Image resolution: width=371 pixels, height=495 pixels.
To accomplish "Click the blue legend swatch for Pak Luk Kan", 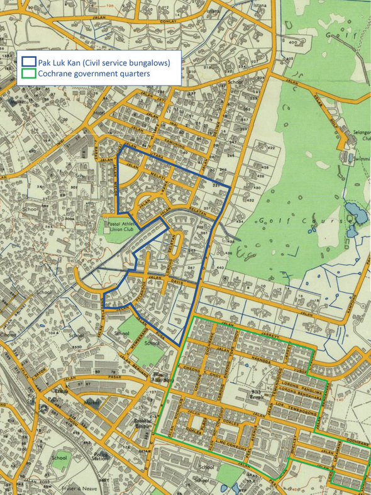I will (28, 62).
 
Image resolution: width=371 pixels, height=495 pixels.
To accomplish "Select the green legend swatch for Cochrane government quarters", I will (28, 74).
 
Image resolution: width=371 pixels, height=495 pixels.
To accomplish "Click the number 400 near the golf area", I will (292, 42).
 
